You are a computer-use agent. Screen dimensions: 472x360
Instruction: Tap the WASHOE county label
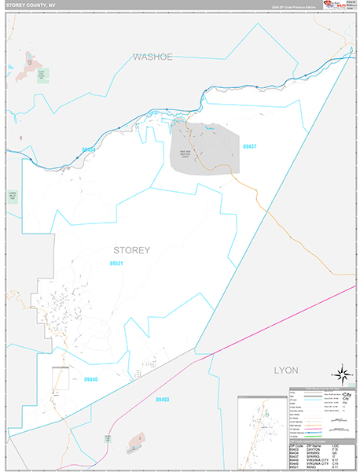pyautogui.click(x=152, y=57)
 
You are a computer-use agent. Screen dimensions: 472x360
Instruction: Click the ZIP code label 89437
pyautogui.click(x=250, y=146)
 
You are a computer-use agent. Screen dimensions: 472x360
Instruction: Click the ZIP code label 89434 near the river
pyautogui.click(x=88, y=149)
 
